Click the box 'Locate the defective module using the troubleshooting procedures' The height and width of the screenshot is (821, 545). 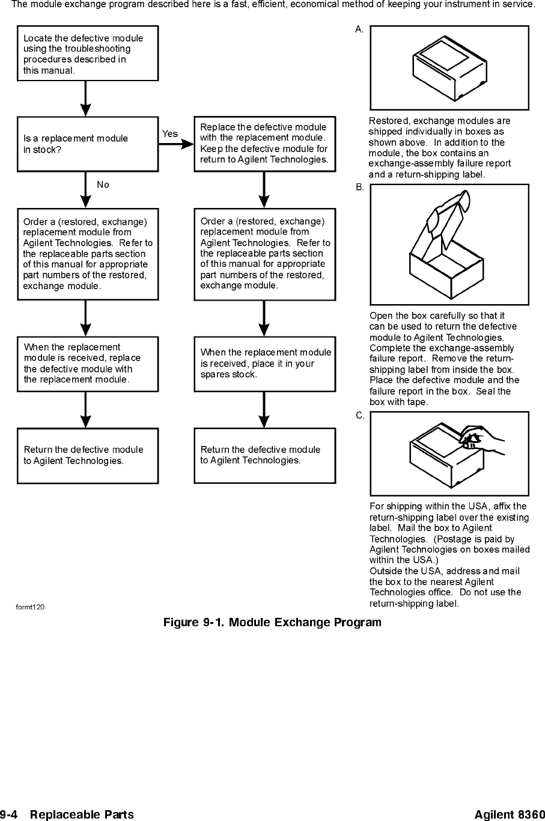88,53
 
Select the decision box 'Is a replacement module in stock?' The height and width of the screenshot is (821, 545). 88,144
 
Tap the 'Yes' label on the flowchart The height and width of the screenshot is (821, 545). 170,134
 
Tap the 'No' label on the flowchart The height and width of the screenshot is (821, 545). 103,185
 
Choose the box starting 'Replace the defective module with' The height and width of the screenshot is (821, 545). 264,144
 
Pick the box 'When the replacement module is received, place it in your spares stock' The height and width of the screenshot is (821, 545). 264,364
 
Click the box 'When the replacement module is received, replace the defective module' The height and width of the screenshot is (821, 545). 88,364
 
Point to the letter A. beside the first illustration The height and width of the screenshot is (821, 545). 359,29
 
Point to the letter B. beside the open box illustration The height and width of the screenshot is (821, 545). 359,188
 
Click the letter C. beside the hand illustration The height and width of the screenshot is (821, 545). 359,415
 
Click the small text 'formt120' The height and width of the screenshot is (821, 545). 30,606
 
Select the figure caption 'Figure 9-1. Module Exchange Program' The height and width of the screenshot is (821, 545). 272,622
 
